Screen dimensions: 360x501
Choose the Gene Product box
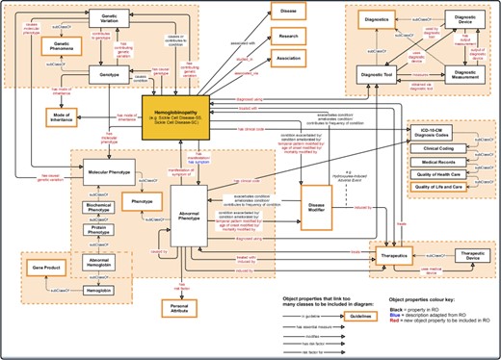52,263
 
